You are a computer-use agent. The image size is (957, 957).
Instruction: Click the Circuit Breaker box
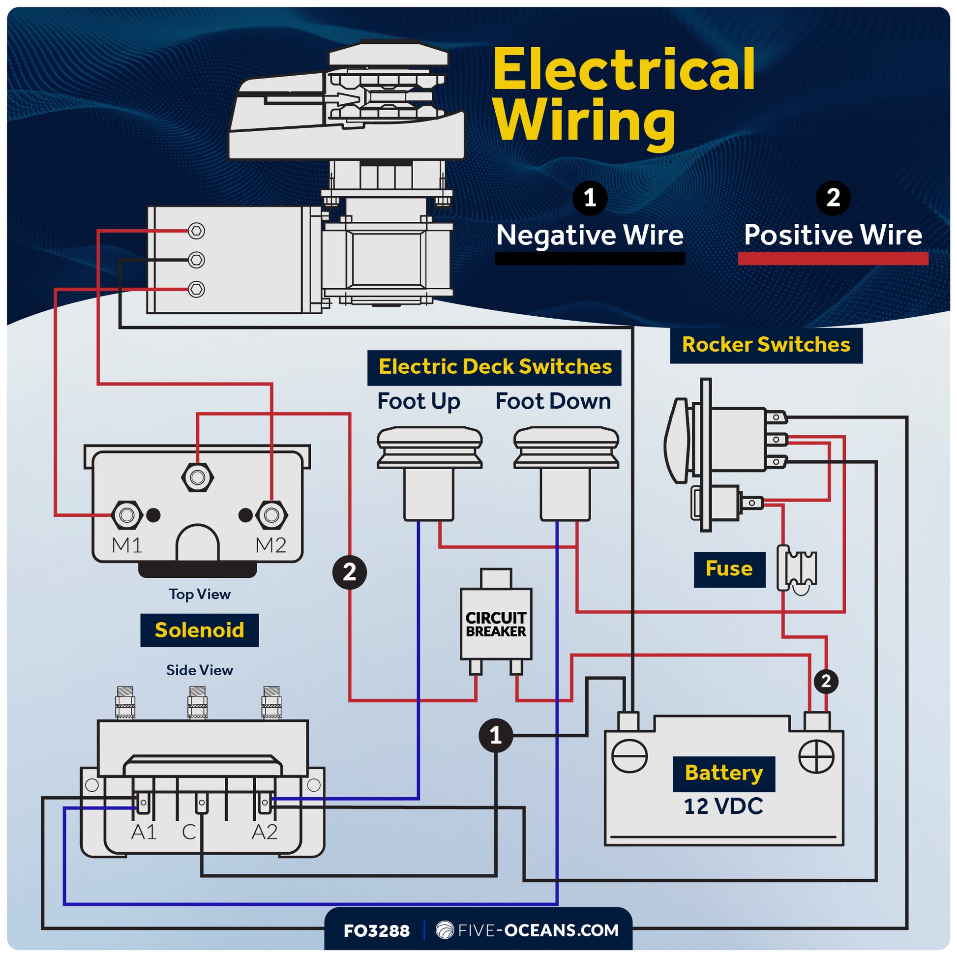(x=496, y=624)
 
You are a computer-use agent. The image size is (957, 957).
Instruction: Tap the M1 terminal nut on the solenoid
(x=127, y=515)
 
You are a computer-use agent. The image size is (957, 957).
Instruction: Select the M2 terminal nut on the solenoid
(x=271, y=515)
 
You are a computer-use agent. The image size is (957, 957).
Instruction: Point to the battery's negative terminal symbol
(x=629, y=756)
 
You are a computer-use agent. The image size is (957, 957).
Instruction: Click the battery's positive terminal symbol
(x=816, y=756)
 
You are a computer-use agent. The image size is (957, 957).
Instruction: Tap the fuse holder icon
(x=797, y=569)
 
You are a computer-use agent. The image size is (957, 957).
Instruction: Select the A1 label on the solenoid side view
(x=144, y=832)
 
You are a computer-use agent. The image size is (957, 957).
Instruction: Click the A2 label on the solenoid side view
(x=265, y=832)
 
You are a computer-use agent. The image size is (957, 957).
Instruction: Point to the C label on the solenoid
(x=189, y=832)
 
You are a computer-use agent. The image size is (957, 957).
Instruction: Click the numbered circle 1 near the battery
(x=495, y=736)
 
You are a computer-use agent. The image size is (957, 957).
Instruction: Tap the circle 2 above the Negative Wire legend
(x=833, y=198)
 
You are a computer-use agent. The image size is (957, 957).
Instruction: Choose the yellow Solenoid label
(x=199, y=630)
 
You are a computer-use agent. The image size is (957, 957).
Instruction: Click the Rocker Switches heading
(x=766, y=345)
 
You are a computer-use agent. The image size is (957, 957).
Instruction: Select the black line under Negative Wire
(x=590, y=259)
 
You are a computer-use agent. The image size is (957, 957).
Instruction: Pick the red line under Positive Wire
(x=833, y=259)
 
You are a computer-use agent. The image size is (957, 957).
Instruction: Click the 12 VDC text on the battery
(x=723, y=807)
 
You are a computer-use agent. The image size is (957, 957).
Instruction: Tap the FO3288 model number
(x=377, y=931)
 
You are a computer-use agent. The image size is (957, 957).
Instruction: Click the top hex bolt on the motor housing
(x=197, y=231)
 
